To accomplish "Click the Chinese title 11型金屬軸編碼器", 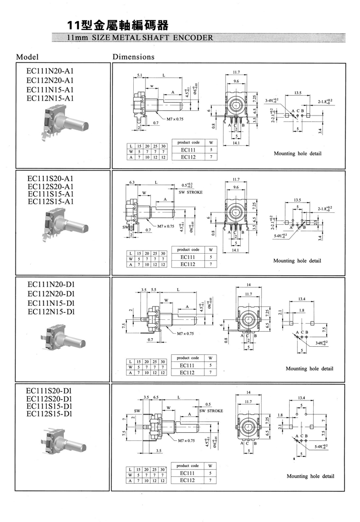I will click(116, 25).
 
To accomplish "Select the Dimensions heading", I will click(133, 56).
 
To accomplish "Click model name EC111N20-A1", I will click(50, 71).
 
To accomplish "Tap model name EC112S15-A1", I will click(50, 202).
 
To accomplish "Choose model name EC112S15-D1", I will click(50, 414).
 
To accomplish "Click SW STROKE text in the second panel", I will click(191, 192).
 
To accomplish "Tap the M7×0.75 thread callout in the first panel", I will click(175, 118).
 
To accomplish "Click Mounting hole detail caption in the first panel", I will click(297, 154).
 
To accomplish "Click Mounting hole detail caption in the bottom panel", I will click(310, 476).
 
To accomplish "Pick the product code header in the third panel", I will click(188, 358).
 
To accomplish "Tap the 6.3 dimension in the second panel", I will click(132, 182).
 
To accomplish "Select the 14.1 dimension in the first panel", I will click(236, 144).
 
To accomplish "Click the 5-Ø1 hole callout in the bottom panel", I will click(321, 446).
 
